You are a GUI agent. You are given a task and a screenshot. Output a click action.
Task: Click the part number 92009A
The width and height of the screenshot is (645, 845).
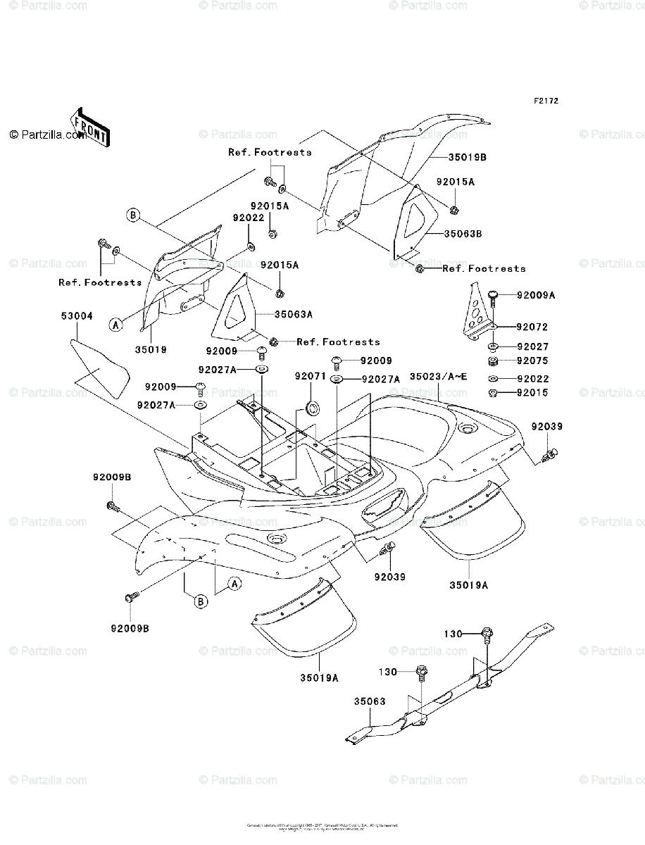(x=535, y=296)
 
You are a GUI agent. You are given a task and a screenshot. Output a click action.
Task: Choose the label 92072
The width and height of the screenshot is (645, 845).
(x=532, y=327)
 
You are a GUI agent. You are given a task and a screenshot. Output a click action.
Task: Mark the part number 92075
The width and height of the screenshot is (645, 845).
(x=532, y=361)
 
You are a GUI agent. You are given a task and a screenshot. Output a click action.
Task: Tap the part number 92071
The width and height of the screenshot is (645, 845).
(x=310, y=377)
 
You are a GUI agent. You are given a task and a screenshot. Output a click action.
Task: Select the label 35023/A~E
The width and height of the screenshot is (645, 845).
(x=439, y=377)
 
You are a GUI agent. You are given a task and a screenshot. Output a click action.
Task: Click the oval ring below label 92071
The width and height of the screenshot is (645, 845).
(x=310, y=407)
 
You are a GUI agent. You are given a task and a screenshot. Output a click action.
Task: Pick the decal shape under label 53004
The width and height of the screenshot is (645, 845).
(x=99, y=366)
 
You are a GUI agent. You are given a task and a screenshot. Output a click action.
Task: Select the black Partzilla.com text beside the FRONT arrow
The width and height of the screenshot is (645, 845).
(x=47, y=135)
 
